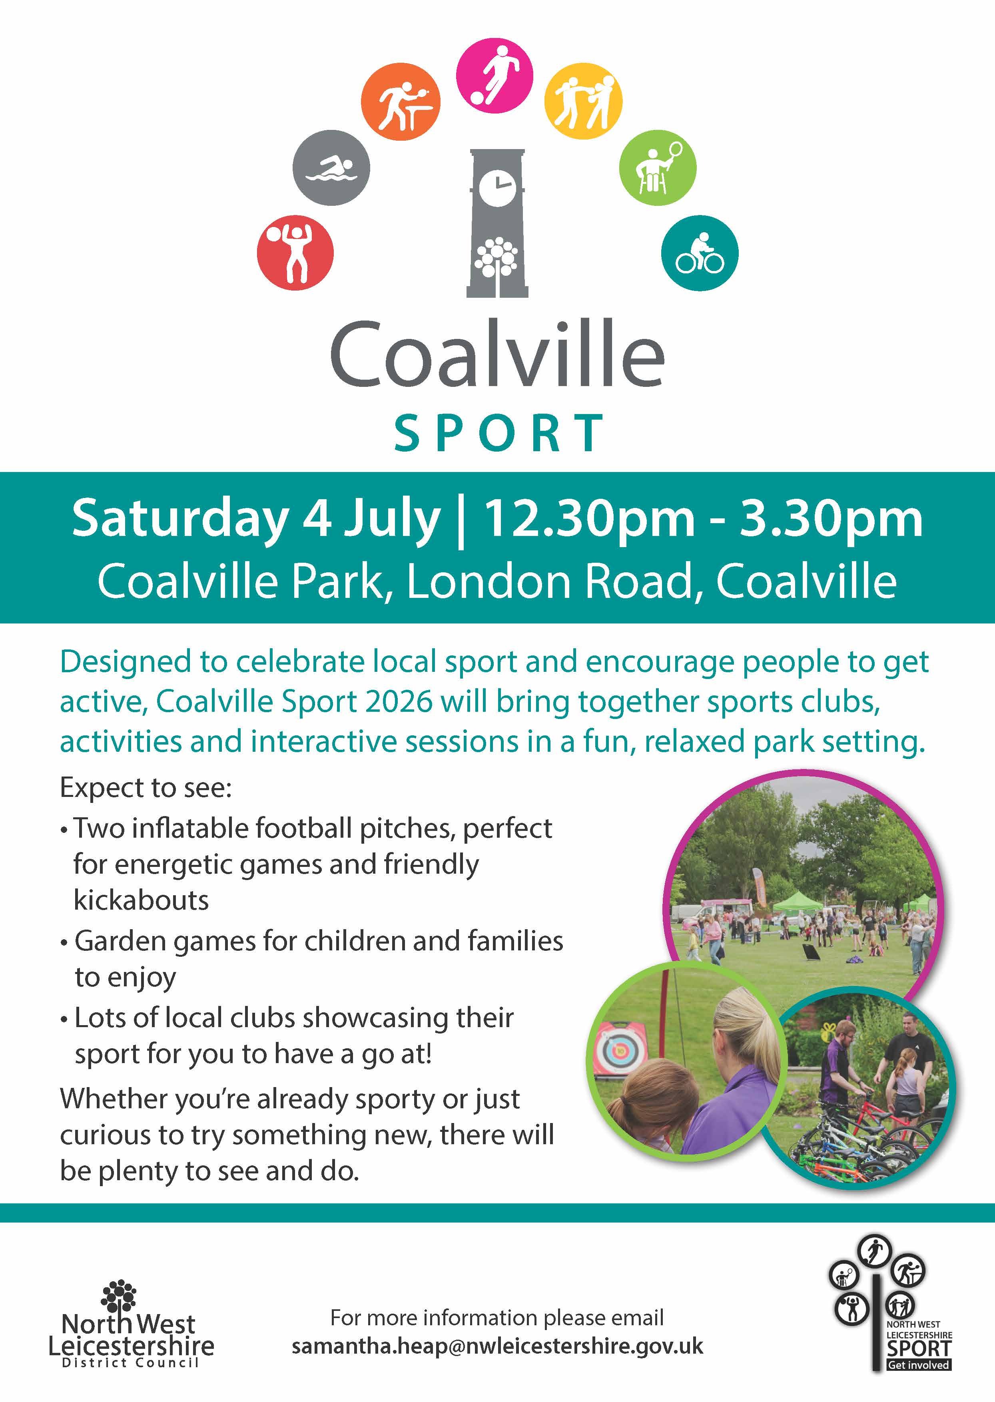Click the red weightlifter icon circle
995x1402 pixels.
pyautogui.click(x=295, y=252)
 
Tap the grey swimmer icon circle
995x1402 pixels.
pyautogui.click(x=331, y=167)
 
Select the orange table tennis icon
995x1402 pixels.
pyautogui.click(x=399, y=101)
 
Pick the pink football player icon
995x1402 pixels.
pyautogui.click(x=495, y=76)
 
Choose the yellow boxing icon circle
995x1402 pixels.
pyautogui.click(x=583, y=101)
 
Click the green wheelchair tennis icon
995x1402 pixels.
pyautogui.click(x=658, y=167)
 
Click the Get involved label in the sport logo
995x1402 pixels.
pyautogui.click(x=918, y=1365)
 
